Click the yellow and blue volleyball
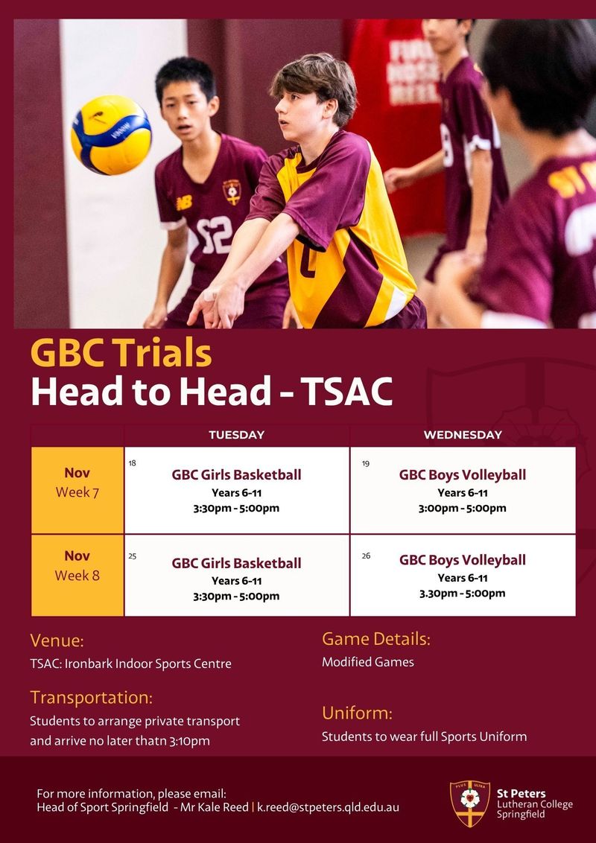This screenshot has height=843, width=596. pyautogui.click(x=111, y=135)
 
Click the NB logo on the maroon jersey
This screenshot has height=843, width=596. pyautogui.click(x=184, y=203)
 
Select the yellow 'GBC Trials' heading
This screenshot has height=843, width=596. pyautogui.click(x=121, y=353)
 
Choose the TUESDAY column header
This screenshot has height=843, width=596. pyautogui.click(x=237, y=435)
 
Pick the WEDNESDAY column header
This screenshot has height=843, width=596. pyautogui.click(x=463, y=435)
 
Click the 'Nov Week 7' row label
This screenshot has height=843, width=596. pyautogui.click(x=77, y=483)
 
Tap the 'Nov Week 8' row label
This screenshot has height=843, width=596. pyautogui.click(x=77, y=565)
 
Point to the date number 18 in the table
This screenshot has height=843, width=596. pyautogui.click(x=133, y=463)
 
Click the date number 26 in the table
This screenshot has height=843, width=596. pyautogui.click(x=366, y=556)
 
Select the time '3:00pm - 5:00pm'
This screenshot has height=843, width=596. pyautogui.click(x=463, y=508)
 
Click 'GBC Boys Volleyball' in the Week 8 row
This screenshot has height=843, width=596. pyautogui.click(x=463, y=560)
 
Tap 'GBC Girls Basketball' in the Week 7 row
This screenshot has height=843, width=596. pyautogui.click(x=237, y=474)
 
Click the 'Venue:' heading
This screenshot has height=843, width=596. pyautogui.click(x=57, y=641)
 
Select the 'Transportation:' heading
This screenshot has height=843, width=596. pyautogui.click(x=92, y=697)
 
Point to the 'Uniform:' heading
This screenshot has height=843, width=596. pyautogui.click(x=357, y=713)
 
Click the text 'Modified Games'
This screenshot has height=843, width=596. pyautogui.click(x=368, y=662)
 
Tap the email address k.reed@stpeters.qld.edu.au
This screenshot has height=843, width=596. pyautogui.click(x=328, y=807)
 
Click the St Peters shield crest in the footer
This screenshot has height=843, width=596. pyautogui.click(x=470, y=804)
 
